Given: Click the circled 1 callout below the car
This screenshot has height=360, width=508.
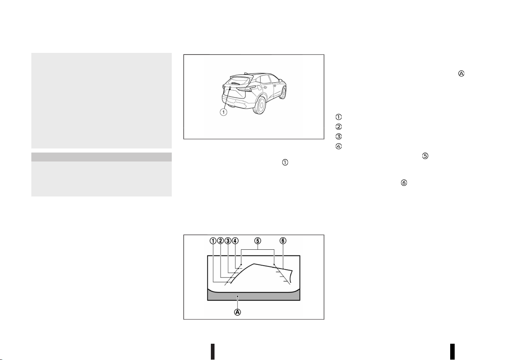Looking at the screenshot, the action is (x=223, y=112).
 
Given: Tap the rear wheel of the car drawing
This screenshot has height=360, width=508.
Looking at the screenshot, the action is (x=261, y=105).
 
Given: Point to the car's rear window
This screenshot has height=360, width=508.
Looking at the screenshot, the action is (x=239, y=81).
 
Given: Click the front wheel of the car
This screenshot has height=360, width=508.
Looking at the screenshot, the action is (x=283, y=92).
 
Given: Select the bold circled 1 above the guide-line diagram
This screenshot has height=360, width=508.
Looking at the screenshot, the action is (x=213, y=241).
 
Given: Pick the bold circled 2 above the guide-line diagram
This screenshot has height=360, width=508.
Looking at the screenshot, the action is (x=221, y=241).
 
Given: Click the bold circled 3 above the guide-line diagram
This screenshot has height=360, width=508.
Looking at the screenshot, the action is (x=228, y=241).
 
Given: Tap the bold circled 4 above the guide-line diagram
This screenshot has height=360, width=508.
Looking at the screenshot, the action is (x=235, y=241).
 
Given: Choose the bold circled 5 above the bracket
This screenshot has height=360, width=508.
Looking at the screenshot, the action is (x=258, y=241).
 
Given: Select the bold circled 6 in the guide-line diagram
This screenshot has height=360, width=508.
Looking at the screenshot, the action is (x=283, y=241).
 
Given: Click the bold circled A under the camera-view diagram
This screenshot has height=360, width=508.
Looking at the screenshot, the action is (x=237, y=312).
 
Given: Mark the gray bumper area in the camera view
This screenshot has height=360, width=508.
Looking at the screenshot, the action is (x=254, y=296).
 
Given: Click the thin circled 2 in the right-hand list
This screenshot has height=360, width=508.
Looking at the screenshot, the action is (x=338, y=127).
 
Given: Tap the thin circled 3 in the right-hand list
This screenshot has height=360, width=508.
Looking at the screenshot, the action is (x=338, y=136).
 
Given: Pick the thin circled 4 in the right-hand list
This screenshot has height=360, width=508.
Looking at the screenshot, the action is (x=338, y=146).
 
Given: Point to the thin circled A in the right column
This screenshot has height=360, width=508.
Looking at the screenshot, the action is (x=461, y=74).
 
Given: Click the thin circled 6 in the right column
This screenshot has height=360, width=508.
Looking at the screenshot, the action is (x=404, y=183).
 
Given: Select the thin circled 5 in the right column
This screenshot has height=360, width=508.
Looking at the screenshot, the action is (x=425, y=156).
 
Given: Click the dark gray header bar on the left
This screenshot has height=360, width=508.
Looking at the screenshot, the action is (x=101, y=157).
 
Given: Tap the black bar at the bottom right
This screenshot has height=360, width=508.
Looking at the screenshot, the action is (x=453, y=351).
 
